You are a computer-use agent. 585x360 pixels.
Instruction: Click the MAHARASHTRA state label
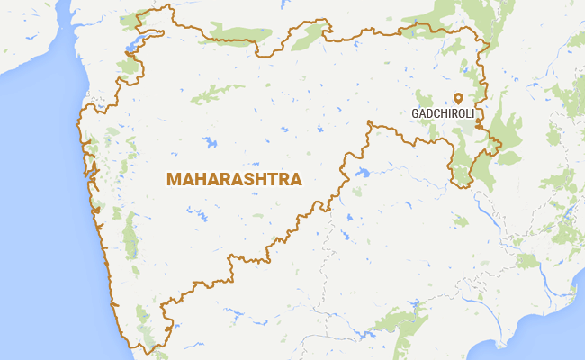click(x=234, y=179)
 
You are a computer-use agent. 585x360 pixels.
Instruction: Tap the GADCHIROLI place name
click(x=443, y=114)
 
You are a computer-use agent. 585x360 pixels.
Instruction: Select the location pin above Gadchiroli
click(x=457, y=97)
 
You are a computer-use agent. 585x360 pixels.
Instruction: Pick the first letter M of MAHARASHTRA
click(x=173, y=179)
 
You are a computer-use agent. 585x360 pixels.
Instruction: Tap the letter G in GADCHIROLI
click(x=415, y=114)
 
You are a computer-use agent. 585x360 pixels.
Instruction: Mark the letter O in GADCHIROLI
click(x=459, y=114)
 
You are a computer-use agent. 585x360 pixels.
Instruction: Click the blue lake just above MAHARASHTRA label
click(x=210, y=142)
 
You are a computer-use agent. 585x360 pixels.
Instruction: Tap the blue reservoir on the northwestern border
click(x=134, y=45)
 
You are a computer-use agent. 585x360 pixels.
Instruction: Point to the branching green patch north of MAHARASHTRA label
click(x=216, y=92)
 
